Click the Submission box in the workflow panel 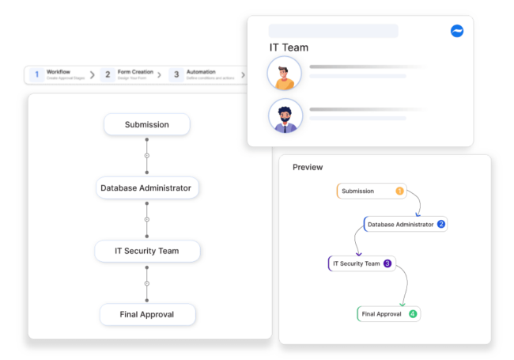(147, 124)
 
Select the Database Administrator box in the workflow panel (147, 188)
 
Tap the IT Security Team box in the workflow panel (147, 251)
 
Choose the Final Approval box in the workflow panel (147, 314)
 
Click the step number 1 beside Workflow (36, 74)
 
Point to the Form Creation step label (135, 72)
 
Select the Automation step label (201, 72)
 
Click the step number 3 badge (176, 74)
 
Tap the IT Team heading (289, 47)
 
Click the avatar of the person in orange (285, 74)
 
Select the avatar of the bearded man (285, 116)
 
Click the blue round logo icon (457, 31)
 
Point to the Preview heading (308, 167)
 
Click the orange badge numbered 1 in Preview (399, 191)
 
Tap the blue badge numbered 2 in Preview (441, 224)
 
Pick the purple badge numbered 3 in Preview (387, 263)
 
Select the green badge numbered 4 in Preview (412, 314)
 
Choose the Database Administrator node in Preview (400, 224)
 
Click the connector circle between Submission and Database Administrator (146, 156)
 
